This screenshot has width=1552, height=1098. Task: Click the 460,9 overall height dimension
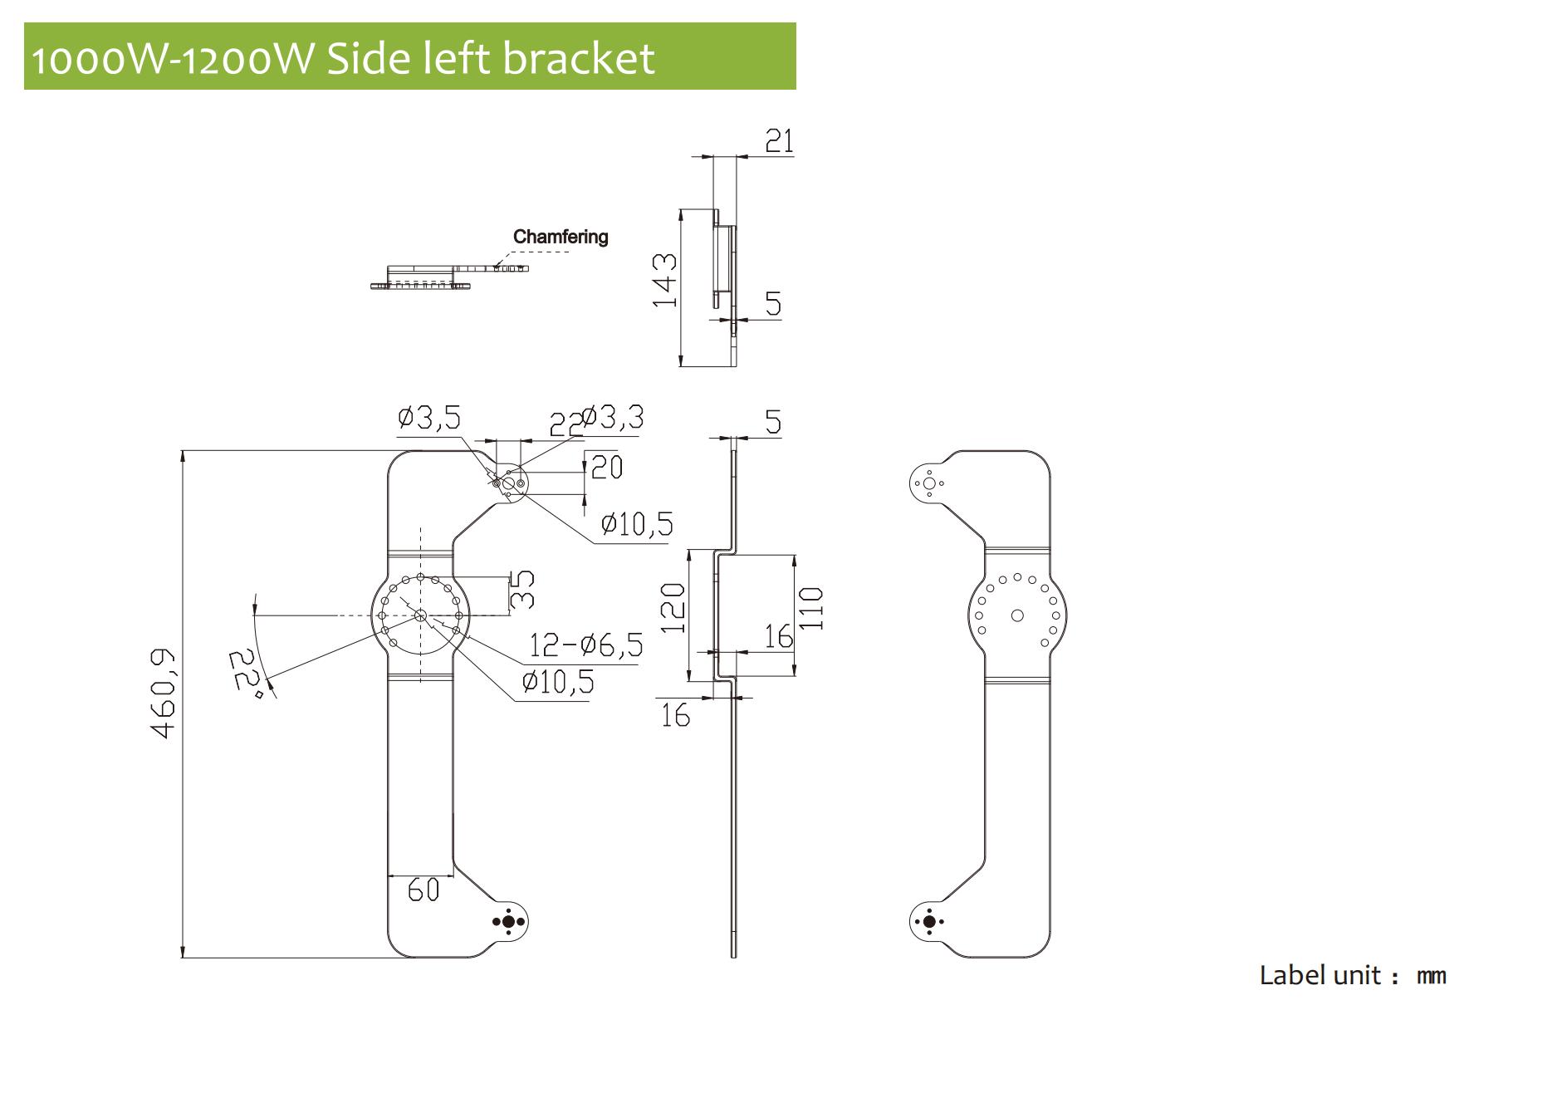tap(164, 694)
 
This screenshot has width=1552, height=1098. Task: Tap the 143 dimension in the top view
tap(664, 280)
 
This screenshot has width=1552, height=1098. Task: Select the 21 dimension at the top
tap(779, 141)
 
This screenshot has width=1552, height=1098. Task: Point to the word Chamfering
tap(561, 237)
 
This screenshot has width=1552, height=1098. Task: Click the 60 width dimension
tap(423, 890)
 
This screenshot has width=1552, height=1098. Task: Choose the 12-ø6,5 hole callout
tap(586, 645)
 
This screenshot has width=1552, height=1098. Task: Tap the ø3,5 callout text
tap(429, 417)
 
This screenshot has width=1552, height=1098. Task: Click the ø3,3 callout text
tap(612, 417)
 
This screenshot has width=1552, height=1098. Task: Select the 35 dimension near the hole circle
tap(521, 589)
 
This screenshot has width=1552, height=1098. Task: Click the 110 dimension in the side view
tap(810, 608)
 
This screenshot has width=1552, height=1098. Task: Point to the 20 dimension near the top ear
tap(607, 467)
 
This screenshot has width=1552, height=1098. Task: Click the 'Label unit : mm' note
tap(1353, 975)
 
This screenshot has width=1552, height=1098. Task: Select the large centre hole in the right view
tap(1017, 615)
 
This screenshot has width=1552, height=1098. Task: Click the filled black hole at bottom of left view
tap(508, 922)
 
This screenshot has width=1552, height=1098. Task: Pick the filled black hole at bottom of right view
tap(929, 922)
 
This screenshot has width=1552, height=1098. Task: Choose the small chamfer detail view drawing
tap(448, 277)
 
